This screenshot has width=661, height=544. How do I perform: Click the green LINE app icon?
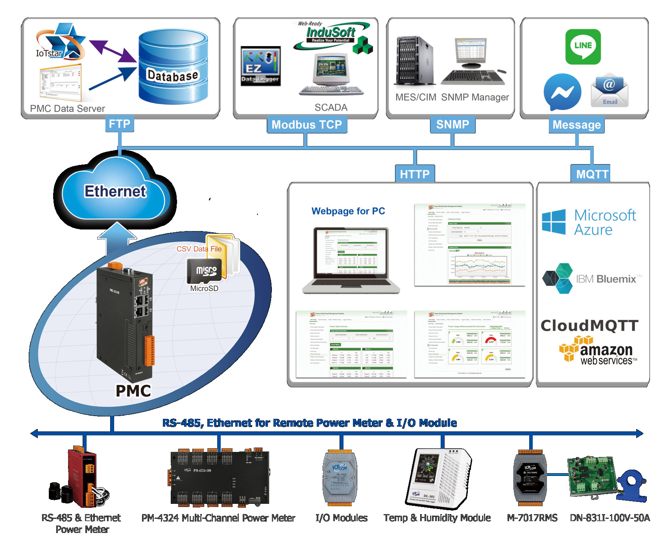[x=583, y=46]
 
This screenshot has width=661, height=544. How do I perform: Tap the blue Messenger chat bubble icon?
[x=562, y=92]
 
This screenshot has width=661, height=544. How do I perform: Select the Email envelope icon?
[x=609, y=90]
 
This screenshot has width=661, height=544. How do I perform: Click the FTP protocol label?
[x=120, y=124]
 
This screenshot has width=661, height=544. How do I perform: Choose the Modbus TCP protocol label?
[x=306, y=125]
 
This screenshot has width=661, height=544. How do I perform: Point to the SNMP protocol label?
[x=452, y=125]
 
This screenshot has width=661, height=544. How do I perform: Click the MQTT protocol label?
[x=592, y=174]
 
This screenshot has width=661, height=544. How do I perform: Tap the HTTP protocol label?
[x=415, y=174]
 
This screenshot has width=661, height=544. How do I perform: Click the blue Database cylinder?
[x=173, y=67]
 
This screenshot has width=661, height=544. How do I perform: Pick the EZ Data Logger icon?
[x=260, y=66]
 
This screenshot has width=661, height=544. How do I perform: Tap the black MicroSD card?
[x=205, y=271]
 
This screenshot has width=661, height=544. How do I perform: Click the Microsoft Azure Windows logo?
[x=554, y=222]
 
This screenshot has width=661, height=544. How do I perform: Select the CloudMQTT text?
[x=589, y=326]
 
